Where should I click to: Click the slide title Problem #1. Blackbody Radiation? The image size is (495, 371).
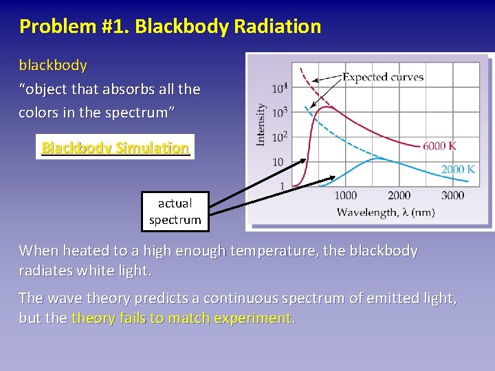tap(170, 27)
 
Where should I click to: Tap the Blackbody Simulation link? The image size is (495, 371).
tap(115, 147)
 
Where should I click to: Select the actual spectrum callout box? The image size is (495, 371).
tap(175, 212)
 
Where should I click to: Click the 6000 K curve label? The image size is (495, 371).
tap(439, 146)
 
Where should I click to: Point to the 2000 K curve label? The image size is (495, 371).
tap(457, 169)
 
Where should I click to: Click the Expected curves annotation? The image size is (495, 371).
tap(382, 77)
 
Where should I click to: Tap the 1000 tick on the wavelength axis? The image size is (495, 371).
tap(345, 196)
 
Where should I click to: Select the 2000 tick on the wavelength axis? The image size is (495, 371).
tap(399, 196)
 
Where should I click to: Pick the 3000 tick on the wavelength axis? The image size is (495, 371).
tap(452, 196)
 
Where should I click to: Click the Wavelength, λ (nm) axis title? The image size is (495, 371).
tap(385, 212)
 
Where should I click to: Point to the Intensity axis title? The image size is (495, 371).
tap(261, 124)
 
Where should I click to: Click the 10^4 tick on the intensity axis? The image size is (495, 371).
tap(280, 88)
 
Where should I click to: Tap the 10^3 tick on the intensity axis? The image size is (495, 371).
tap(280, 112)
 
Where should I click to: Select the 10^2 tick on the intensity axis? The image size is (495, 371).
tap(280, 137)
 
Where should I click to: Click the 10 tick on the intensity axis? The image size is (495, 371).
tap(278, 162)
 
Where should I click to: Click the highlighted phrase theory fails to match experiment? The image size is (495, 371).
tap(182, 318)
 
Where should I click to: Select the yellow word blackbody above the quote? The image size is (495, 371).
tap(53, 65)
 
